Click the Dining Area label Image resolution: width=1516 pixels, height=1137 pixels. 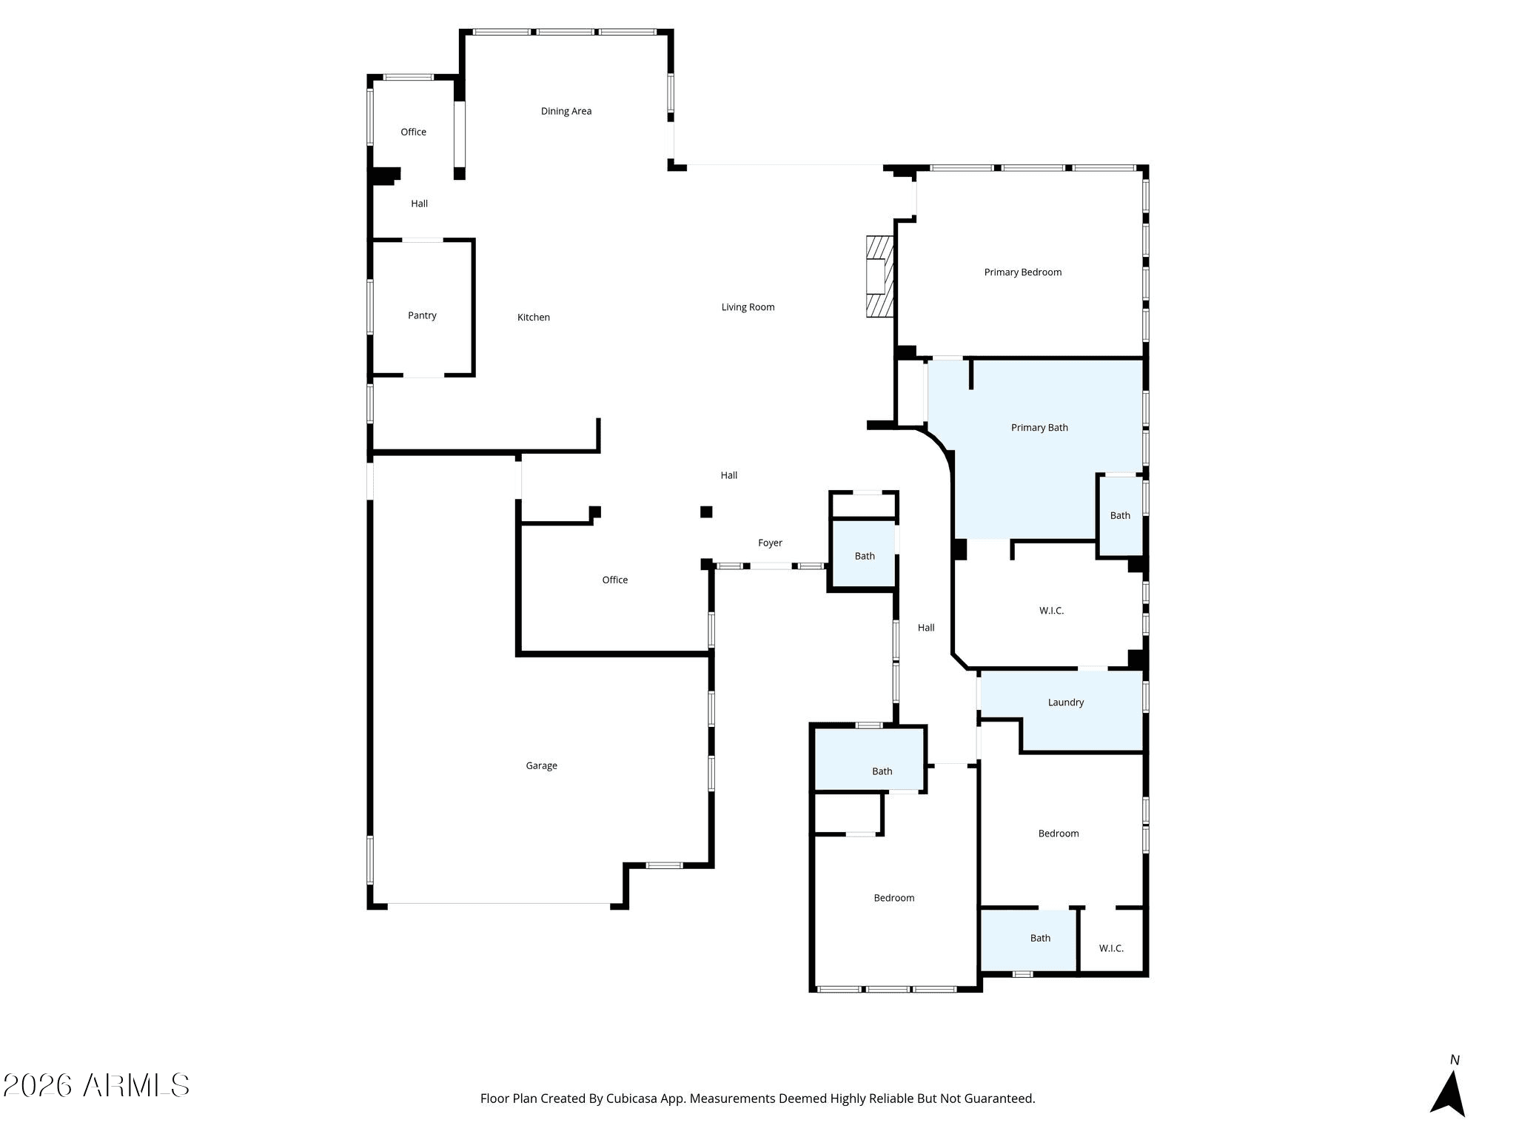566,111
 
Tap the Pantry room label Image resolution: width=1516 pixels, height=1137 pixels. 422,315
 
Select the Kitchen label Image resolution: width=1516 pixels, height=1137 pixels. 534,318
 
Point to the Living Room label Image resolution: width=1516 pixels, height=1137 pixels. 748,307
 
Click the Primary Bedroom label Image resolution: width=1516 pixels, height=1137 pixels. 1023,272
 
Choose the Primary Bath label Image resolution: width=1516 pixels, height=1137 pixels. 1039,428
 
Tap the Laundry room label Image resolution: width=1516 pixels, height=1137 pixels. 1066,702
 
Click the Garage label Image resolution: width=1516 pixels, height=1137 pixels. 541,766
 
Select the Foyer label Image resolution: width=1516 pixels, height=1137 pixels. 770,543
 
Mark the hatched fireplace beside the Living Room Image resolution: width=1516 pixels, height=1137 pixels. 880,277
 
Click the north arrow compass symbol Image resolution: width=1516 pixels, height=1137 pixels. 1448,1093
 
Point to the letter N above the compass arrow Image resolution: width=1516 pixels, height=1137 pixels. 1455,1060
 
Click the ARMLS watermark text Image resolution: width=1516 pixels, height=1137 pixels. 137,1086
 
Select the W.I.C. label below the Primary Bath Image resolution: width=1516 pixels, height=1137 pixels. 1051,611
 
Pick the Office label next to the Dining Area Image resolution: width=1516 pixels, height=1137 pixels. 413,133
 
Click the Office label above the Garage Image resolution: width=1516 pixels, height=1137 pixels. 614,580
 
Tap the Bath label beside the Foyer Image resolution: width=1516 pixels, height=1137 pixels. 865,557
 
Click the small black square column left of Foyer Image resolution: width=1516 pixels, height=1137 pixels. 706,512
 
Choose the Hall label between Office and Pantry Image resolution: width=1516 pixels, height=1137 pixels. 419,204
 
